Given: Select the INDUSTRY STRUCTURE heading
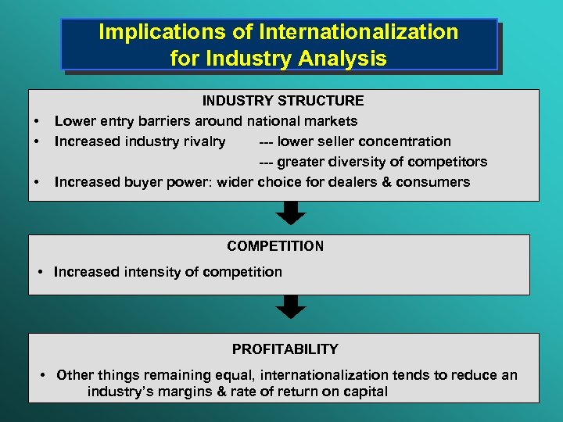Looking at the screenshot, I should click(x=283, y=101).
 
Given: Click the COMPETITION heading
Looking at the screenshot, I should click(x=275, y=246).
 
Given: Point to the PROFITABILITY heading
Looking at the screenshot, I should click(x=285, y=349).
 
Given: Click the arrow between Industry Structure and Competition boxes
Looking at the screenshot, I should click(x=292, y=213).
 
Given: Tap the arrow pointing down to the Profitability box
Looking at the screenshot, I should click(x=292, y=306).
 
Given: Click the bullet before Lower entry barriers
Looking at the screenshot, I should click(x=36, y=121).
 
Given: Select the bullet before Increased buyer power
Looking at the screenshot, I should click(x=36, y=182).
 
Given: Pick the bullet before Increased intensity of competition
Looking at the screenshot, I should click(x=41, y=273).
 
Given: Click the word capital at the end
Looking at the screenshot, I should click(x=364, y=392).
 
